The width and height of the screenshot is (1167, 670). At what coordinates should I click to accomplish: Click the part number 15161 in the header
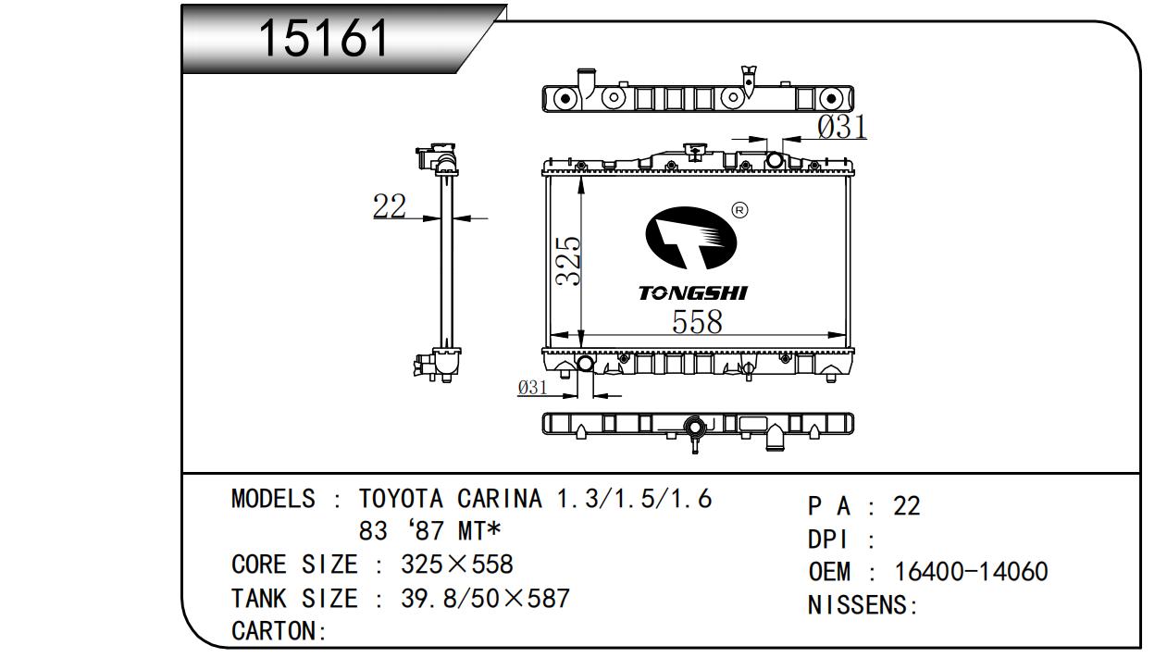click(324, 38)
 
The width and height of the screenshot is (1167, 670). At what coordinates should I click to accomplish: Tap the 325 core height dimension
click(568, 261)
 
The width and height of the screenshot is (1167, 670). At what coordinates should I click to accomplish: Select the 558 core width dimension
click(697, 321)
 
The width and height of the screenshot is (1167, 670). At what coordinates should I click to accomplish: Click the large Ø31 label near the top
click(842, 127)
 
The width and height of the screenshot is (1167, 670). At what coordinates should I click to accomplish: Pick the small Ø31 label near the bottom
click(532, 387)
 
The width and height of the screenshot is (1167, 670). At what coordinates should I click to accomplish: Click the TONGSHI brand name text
click(693, 292)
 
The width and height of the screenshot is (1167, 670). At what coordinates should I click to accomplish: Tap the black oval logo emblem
click(690, 238)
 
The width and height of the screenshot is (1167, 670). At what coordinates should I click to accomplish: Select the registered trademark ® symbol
click(739, 210)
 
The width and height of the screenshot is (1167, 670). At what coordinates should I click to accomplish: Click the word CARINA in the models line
click(500, 499)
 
